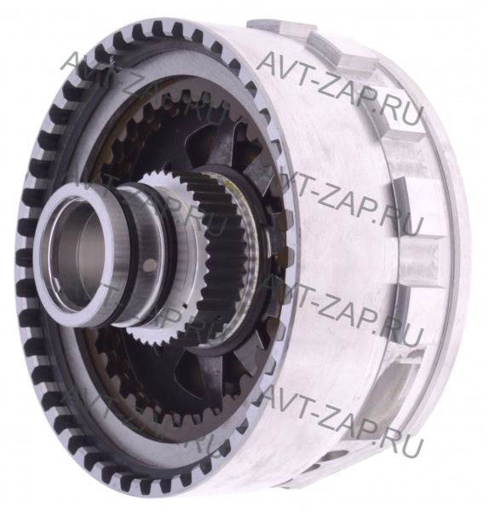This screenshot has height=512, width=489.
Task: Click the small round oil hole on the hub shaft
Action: [x=149, y=264]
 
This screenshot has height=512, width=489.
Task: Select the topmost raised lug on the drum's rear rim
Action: [x=265, y=26]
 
